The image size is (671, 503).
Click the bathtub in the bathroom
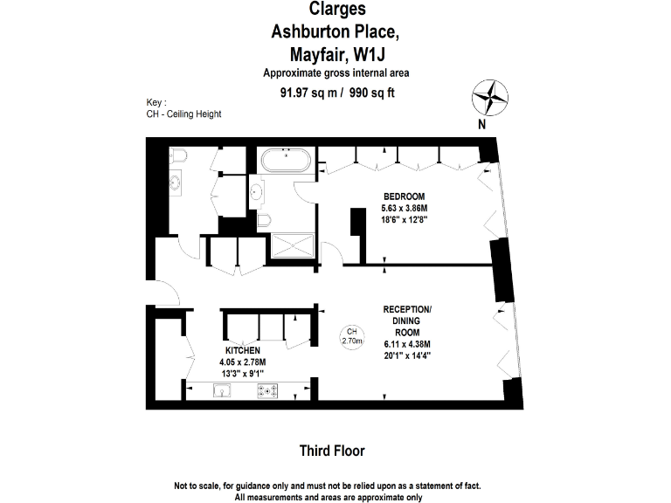[285, 160]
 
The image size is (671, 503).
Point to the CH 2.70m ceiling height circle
[351, 336]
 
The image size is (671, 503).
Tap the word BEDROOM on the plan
[405, 196]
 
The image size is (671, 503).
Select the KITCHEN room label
[243, 349]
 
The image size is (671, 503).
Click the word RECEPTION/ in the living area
[407, 310]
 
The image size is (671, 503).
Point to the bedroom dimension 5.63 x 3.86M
[405, 209]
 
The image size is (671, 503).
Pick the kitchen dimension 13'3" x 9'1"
[243, 373]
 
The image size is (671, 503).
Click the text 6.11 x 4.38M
[407, 343]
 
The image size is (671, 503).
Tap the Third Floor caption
[331, 451]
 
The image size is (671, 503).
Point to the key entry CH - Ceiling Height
[184, 114]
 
